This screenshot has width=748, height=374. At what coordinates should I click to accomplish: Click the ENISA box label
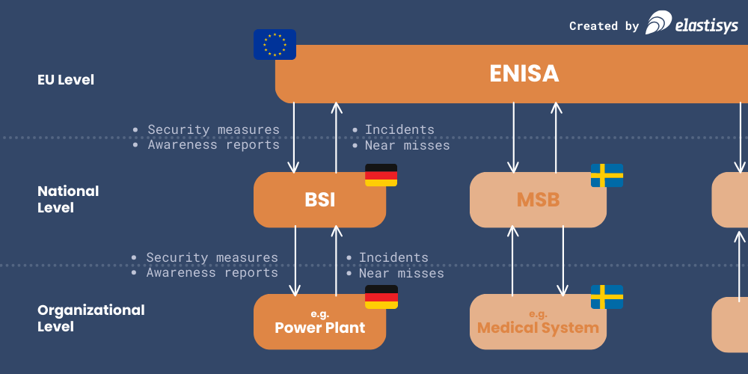[524, 74]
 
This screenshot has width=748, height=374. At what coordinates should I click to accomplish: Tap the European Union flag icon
[275, 44]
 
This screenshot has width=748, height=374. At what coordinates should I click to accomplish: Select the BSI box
[319, 200]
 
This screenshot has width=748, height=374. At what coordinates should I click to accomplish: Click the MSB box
[538, 200]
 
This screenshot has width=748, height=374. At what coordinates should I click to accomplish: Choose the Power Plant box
[319, 322]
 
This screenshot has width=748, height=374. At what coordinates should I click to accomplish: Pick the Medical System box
[538, 322]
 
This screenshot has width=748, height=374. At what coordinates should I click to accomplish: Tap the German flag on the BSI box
[381, 175]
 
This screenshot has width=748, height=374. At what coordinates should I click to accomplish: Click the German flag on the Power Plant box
[381, 297]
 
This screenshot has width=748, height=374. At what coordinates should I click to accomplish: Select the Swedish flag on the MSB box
[607, 175]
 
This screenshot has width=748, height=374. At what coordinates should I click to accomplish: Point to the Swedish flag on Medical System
[607, 297]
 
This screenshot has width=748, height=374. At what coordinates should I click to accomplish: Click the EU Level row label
[66, 79]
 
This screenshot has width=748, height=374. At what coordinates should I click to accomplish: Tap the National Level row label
[68, 200]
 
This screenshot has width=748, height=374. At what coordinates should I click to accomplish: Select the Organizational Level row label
[91, 318]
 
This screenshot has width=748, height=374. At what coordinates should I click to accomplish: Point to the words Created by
[604, 26]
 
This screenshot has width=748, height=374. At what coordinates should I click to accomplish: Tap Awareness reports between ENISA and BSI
[213, 145]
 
